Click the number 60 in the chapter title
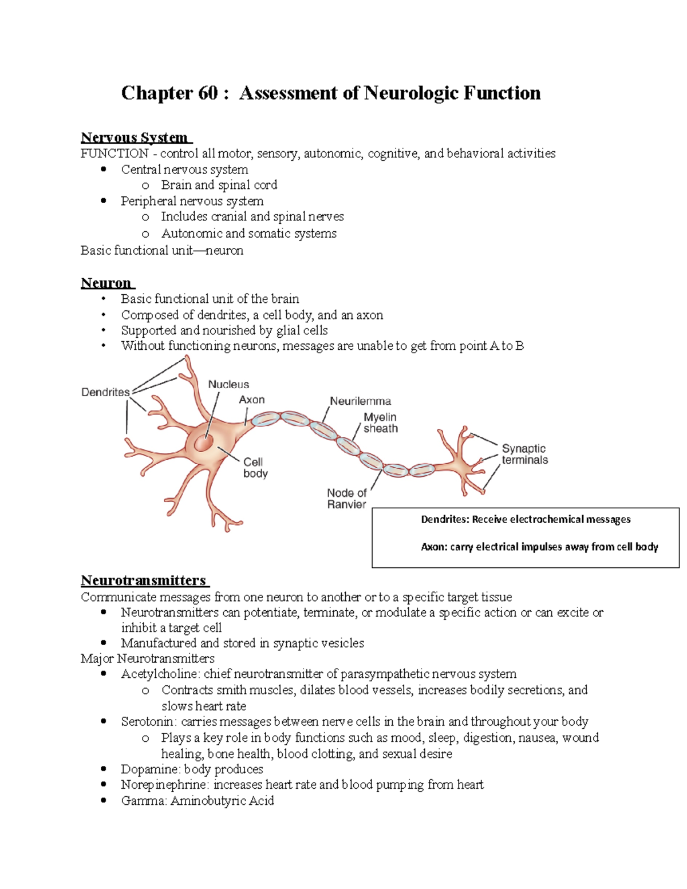pos(208,93)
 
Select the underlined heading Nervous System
pos(135,137)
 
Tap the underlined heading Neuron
pos(106,283)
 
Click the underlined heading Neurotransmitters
pos(144,580)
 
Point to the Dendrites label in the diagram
pos(105,392)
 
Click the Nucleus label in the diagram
pos(228,384)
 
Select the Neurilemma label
pos(360,401)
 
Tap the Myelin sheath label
pos(380,422)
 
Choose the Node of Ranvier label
pos(347,498)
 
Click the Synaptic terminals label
pos(524,454)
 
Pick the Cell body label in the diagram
pos(255,467)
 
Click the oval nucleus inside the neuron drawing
pos(203,443)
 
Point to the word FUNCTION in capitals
pos(114,153)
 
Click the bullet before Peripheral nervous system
pos(104,201)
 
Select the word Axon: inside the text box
pos(433,547)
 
